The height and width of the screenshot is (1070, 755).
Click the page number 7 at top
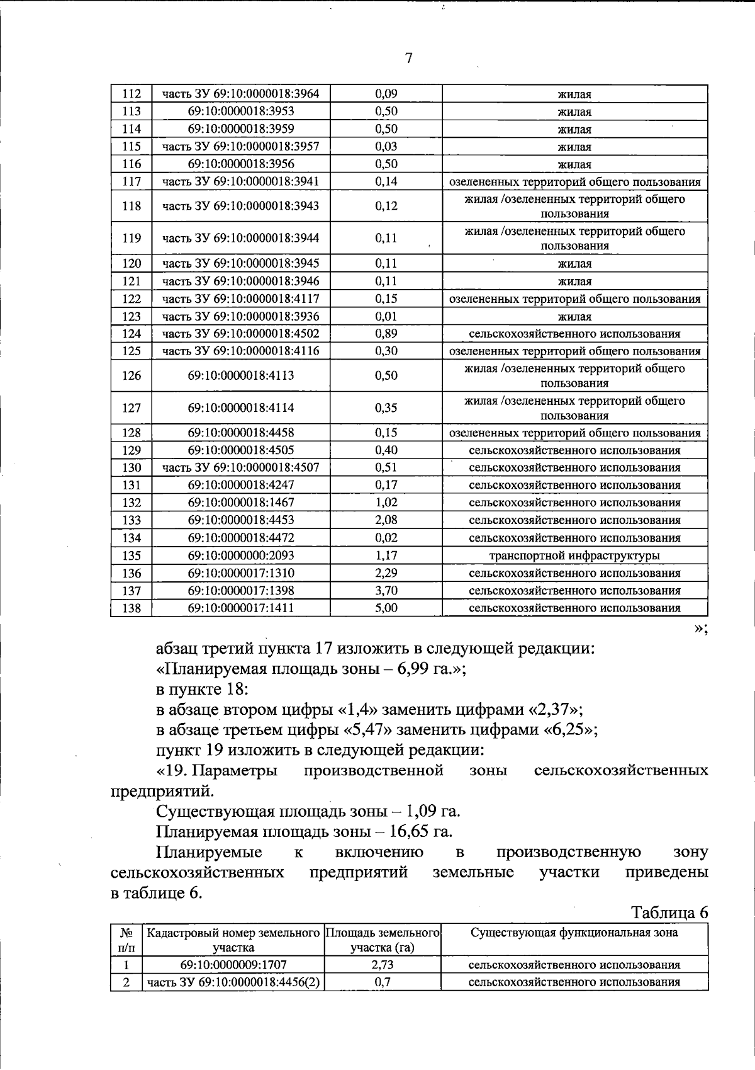(x=409, y=59)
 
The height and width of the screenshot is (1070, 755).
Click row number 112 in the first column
(x=131, y=94)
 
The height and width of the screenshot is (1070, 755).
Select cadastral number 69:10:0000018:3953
(x=241, y=111)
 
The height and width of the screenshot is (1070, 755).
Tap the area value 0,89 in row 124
(x=386, y=334)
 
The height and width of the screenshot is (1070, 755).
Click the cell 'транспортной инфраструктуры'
(x=574, y=555)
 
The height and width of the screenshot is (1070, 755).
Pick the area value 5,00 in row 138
(x=386, y=608)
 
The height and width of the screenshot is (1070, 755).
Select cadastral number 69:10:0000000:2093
(x=241, y=555)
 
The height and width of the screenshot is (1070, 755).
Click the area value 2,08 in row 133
(x=386, y=520)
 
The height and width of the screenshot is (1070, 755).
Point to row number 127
(x=131, y=407)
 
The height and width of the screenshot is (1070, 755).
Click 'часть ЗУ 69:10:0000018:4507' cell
(x=241, y=467)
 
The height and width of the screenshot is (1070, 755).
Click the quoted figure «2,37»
(x=554, y=709)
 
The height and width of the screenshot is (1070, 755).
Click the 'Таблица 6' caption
(x=669, y=913)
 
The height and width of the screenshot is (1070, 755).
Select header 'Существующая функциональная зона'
(x=574, y=933)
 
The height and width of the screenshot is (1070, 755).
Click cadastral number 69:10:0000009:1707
(x=233, y=965)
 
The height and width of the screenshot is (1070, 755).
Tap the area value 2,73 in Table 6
(x=383, y=965)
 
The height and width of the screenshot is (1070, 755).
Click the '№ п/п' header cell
(x=126, y=940)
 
